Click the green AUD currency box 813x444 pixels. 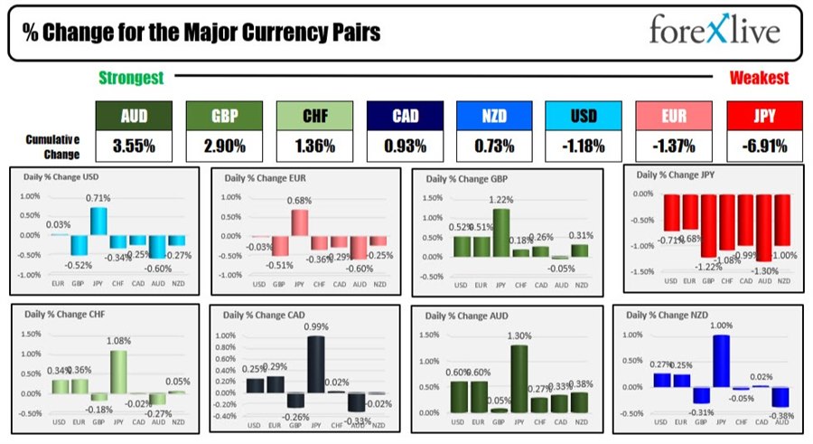tap(132, 116)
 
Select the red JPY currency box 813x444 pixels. tap(763, 116)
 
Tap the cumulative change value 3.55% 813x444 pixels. tap(132, 144)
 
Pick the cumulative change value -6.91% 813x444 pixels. tap(763, 144)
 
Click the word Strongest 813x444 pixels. tap(131, 79)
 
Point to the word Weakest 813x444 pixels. tap(760, 79)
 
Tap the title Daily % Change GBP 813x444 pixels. tap(465, 179)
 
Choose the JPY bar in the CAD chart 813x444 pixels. tap(315, 364)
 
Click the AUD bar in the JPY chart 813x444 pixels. tap(763, 228)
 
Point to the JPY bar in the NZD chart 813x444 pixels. tap(721, 362)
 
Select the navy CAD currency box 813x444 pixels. tap(404, 116)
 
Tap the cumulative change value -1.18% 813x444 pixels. tap(584, 144)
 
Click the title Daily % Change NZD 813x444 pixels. tap(660, 316)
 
